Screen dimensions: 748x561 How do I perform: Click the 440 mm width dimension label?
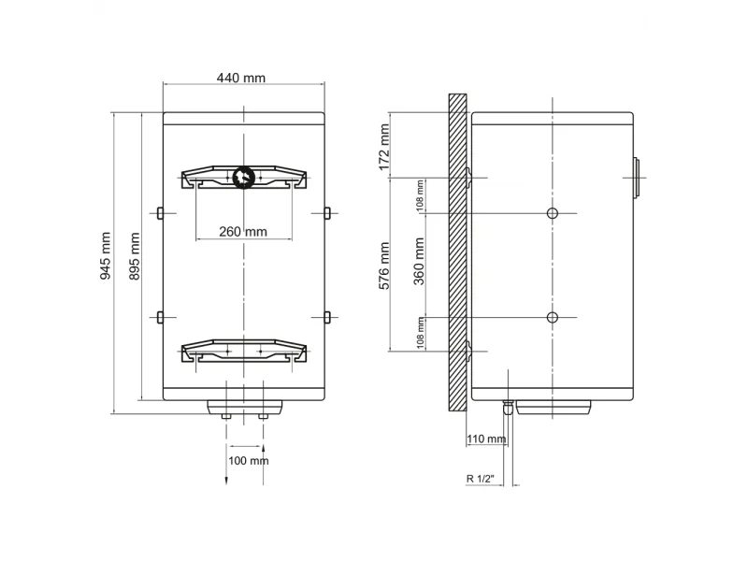pyautogui.click(x=241, y=78)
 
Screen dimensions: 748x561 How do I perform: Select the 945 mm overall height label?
pyautogui.click(x=105, y=255)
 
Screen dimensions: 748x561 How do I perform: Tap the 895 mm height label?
pyautogui.click(x=135, y=256)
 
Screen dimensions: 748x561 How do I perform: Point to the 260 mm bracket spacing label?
pyautogui.click(x=243, y=232)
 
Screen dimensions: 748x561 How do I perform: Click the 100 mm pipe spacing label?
pyautogui.click(x=249, y=461)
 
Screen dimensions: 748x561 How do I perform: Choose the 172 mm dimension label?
pyautogui.click(x=384, y=148)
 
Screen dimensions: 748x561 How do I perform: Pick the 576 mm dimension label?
pyautogui.click(x=384, y=266)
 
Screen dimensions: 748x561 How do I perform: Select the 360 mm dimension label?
pyautogui.click(x=418, y=262)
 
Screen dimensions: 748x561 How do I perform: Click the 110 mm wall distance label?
pyautogui.click(x=486, y=439)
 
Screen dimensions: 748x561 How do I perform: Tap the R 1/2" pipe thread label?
pyautogui.click(x=481, y=479)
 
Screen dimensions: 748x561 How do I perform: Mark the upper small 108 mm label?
pyautogui.click(x=420, y=195)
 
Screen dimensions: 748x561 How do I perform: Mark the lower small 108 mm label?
pyautogui.click(x=420, y=333)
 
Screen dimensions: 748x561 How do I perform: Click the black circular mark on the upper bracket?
pyautogui.click(x=244, y=178)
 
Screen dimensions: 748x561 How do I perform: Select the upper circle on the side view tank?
pyautogui.click(x=553, y=213)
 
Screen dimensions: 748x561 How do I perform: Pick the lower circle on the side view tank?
pyautogui.click(x=553, y=317)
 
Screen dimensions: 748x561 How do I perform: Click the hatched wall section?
pyautogui.click(x=457, y=252)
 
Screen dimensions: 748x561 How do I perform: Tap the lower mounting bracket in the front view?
pyautogui.click(x=244, y=351)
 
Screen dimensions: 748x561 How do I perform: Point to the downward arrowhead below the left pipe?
pyautogui.click(x=226, y=481)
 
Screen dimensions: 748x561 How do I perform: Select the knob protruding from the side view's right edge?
pyautogui.click(x=637, y=178)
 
